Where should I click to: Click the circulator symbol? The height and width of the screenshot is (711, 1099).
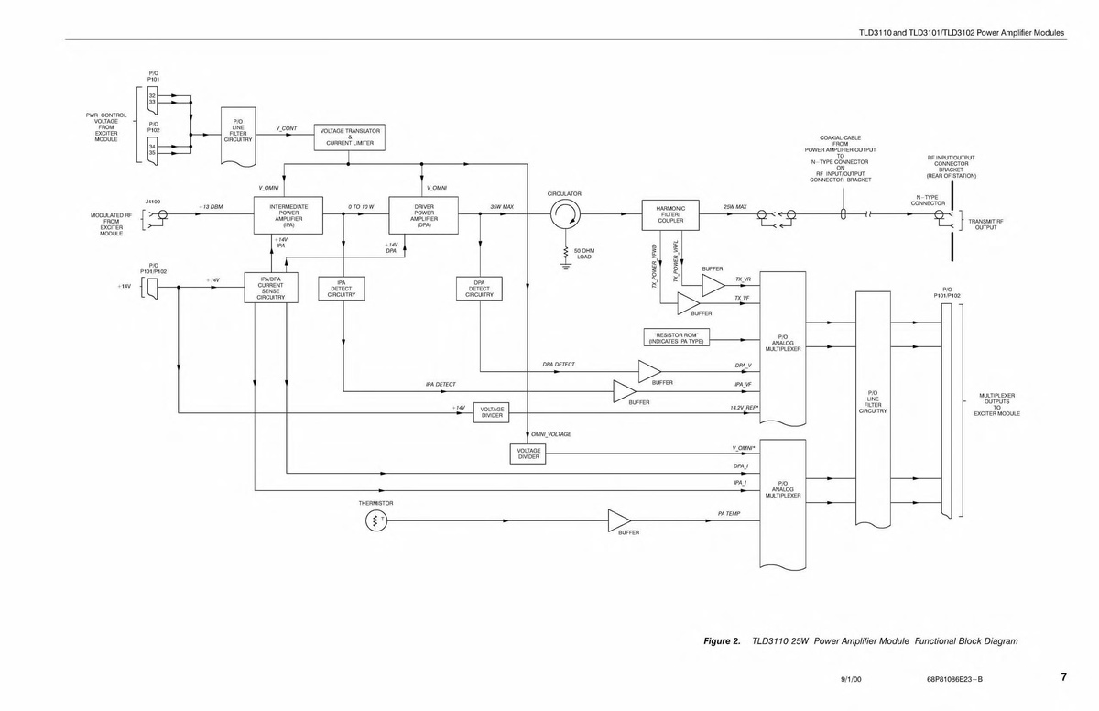click(564, 216)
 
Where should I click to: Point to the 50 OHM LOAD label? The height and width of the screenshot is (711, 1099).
click(583, 253)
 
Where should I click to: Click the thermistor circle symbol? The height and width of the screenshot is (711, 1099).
click(376, 520)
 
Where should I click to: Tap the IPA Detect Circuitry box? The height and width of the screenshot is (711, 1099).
click(341, 289)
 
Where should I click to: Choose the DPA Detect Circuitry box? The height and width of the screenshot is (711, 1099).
click(479, 289)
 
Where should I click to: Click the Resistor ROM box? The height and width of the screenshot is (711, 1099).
click(677, 337)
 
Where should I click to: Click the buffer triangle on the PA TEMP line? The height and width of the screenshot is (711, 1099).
click(620, 520)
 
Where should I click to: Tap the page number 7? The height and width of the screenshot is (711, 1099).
click(1063, 677)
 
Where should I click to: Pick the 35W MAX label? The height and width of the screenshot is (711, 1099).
click(501, 207)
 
